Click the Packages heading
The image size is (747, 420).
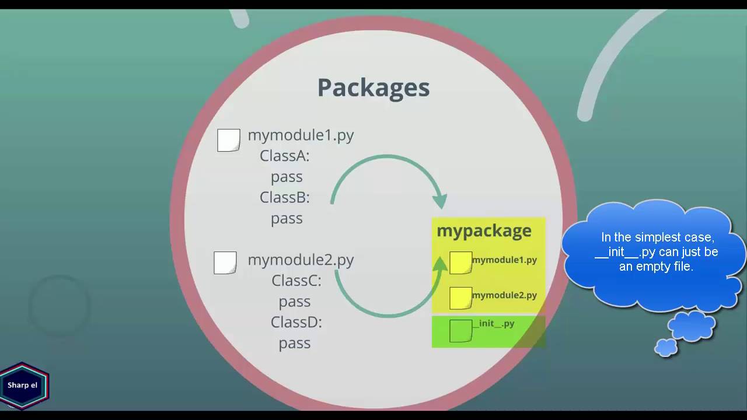tap(373, 87)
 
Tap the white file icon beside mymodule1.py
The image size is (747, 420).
tap(228, 140)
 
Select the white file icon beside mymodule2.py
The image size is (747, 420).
tap(225, 262)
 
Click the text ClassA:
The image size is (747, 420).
tap(284, 156)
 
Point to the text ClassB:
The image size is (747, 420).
tap(284, 197)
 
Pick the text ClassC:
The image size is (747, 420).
tap(296, 281)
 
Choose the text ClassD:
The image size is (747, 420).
tap(296, 322)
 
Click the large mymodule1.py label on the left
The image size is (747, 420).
tap(301, 135)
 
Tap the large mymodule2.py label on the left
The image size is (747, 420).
tap(301, 260)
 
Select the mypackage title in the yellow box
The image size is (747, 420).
tap(484, 230)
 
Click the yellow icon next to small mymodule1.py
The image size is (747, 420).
tap(460, 263)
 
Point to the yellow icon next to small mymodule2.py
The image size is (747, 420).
tap(460, 298)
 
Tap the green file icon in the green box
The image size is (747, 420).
tap(460, 331)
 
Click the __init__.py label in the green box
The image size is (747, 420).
tap(494, 323)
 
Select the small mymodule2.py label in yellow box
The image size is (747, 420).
tap(504, 295)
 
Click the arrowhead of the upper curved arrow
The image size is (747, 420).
tap(440, 200)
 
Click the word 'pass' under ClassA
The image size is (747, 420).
tap(287, 177)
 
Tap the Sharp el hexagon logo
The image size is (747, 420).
tap(23, 386)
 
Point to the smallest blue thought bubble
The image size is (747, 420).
tap(666, 348)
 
